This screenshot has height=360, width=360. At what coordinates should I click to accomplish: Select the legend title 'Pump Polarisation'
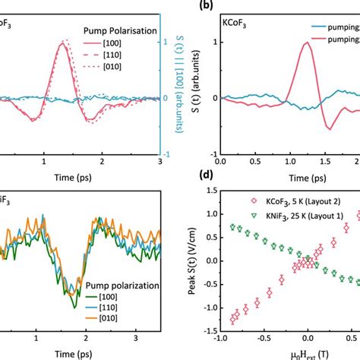116,33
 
